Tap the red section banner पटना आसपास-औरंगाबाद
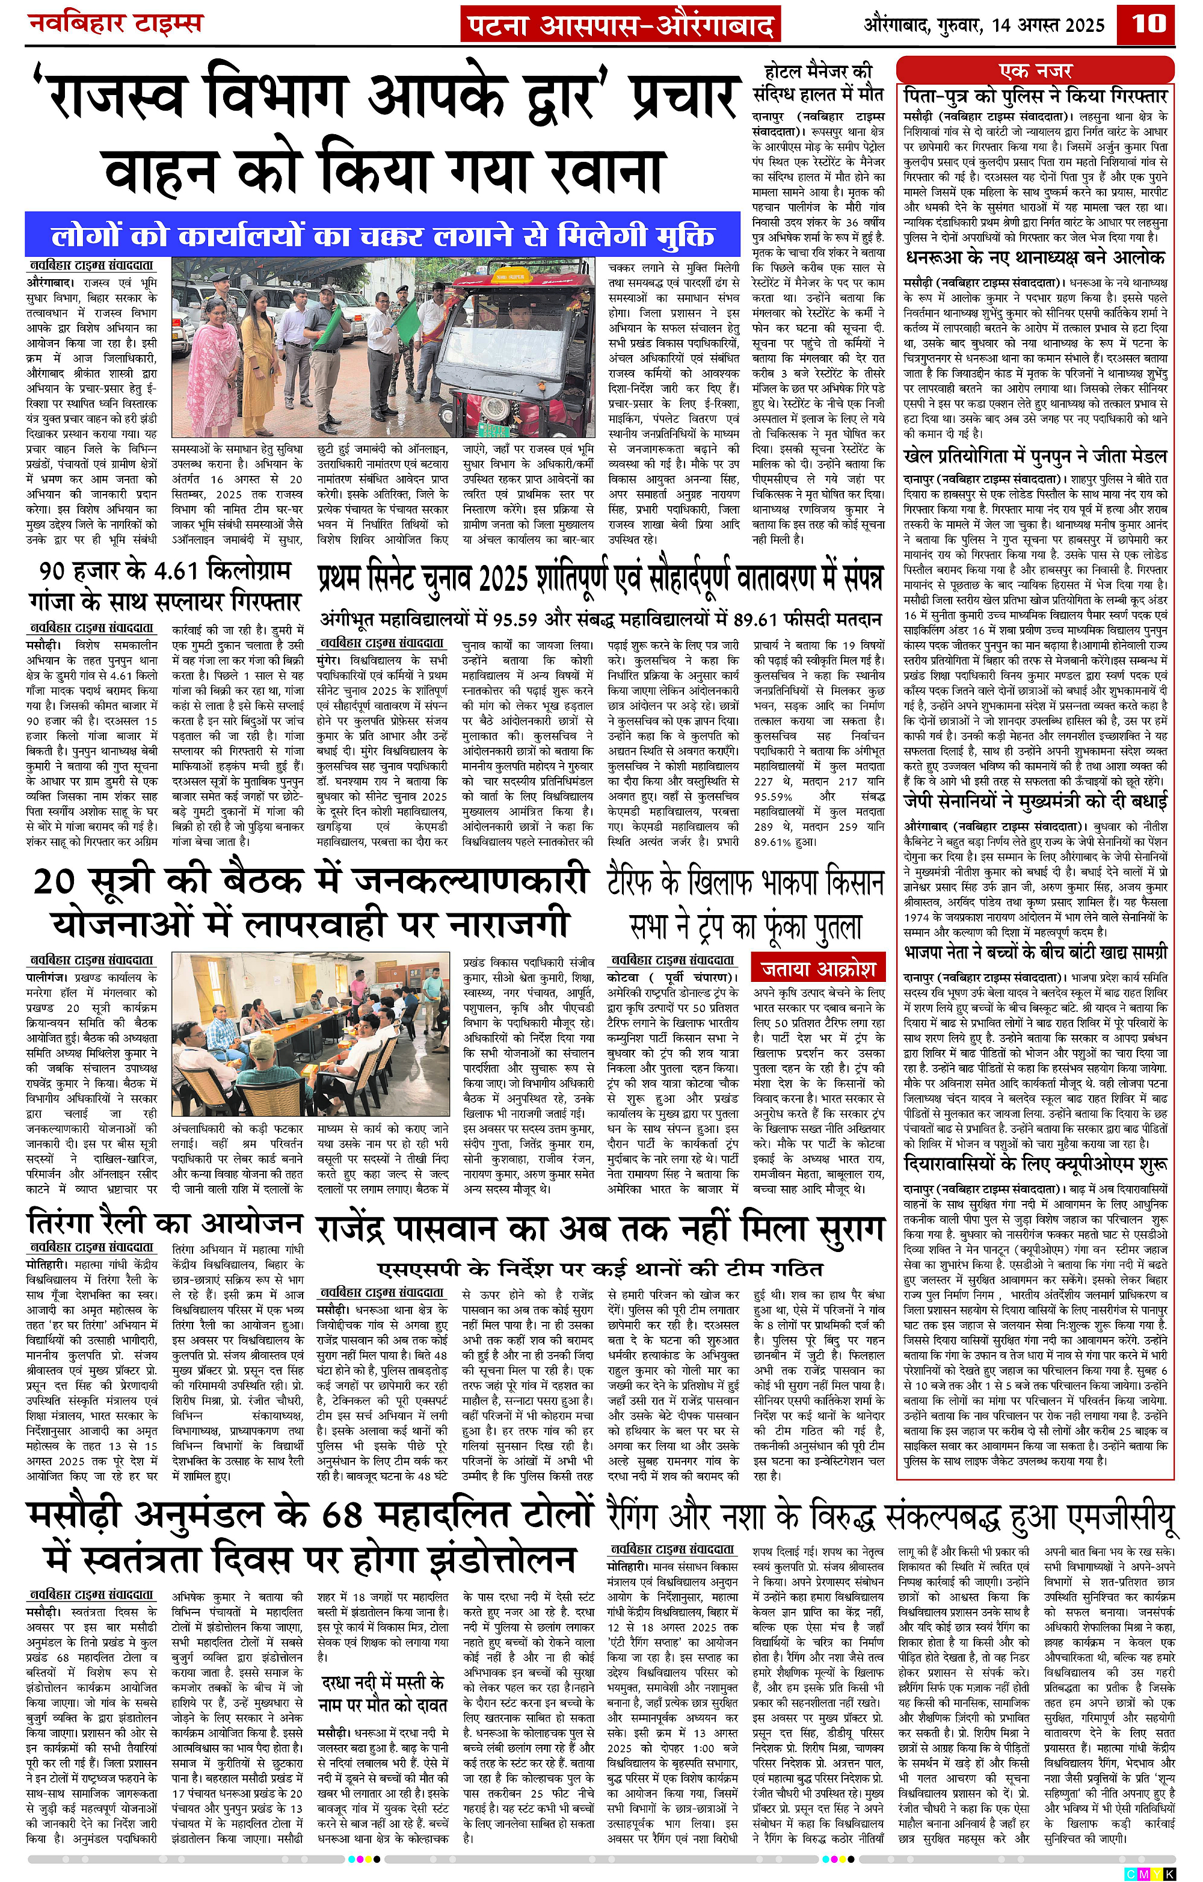[621, 25]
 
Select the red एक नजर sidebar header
[1036, 70]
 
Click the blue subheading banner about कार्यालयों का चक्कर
[382, 235]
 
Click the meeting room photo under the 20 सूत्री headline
[312, 1037]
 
